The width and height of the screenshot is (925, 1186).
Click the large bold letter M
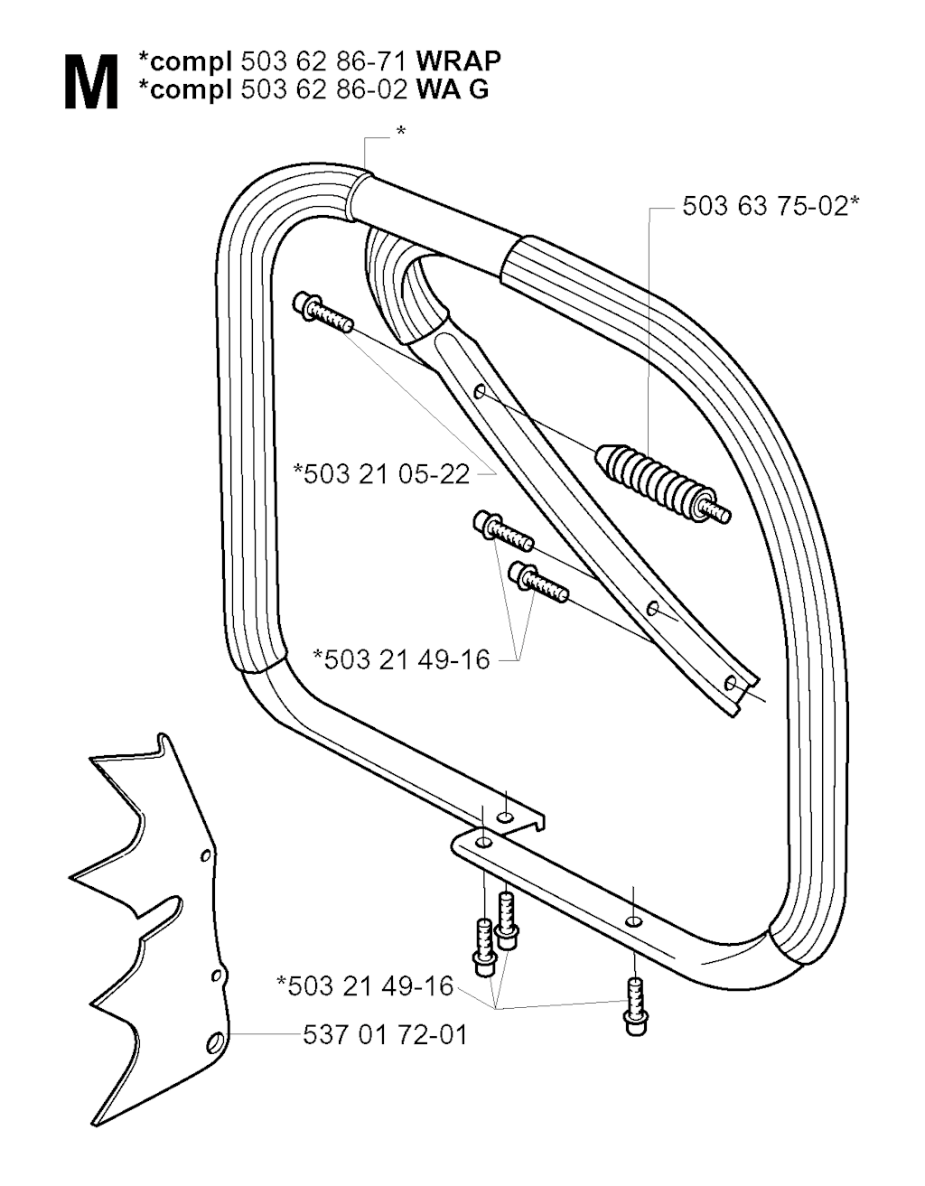91,82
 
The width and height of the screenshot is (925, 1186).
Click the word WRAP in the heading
458,61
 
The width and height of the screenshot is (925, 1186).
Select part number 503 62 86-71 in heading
323,61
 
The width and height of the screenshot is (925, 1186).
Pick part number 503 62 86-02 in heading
323,90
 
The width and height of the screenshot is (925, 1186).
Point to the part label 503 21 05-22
381,474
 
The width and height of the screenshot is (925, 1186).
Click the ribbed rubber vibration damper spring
661,483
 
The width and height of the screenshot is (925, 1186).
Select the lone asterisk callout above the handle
402,132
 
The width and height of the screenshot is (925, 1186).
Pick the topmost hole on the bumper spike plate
205,854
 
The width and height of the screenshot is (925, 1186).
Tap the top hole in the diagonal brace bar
480,391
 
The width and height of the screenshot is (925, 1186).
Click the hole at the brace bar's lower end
730,683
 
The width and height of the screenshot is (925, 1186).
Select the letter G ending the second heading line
479,90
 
